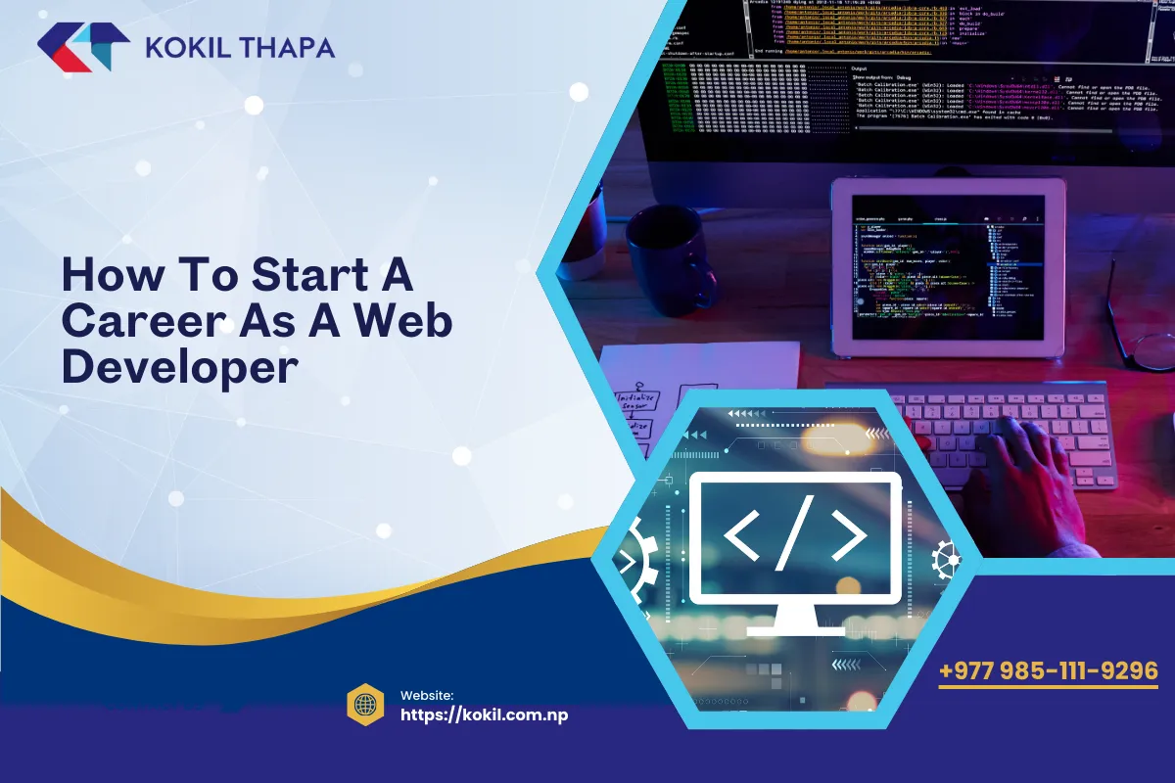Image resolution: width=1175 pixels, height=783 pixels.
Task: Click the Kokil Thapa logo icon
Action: click(84, 48)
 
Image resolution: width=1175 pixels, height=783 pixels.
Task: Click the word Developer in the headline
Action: click(179, 367)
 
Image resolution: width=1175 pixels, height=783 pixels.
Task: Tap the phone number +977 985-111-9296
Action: click(1048, 671)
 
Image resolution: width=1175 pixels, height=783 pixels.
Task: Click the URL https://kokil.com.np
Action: click(485, 714)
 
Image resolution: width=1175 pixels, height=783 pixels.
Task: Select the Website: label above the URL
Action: click(427, 695)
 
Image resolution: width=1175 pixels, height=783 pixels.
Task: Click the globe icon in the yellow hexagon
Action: click(364, 705)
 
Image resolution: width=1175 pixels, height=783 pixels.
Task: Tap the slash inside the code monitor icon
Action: click(795, 536)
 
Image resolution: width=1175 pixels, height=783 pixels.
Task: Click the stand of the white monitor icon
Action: click(795, 621)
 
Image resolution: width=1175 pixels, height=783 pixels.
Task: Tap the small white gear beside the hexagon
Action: click(947, 559)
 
